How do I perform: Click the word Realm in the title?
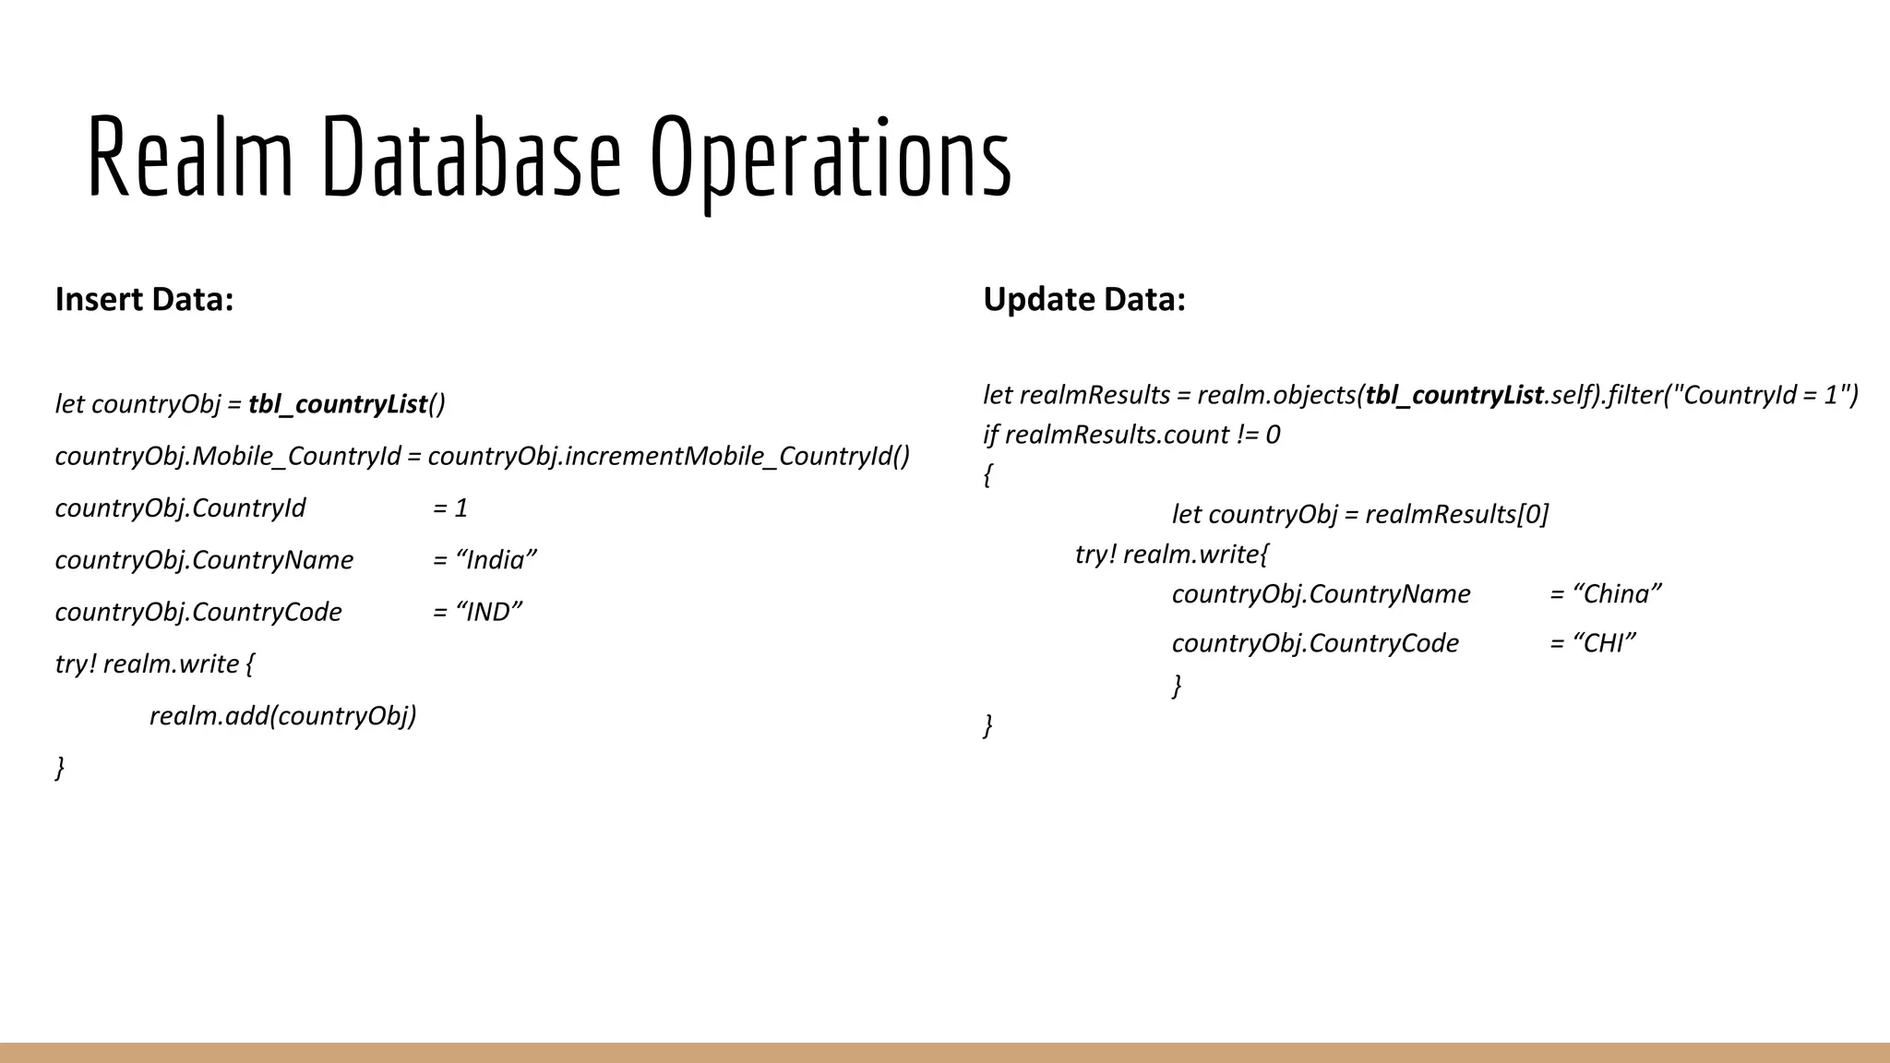[x=190, y=156]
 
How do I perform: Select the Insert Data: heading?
[x=144, y=299]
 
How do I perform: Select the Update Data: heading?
[x=1083, y=299]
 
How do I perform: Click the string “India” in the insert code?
[x=496, y=560]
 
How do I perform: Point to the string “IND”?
[x=490, y=612]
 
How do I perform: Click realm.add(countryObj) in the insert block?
[x=282, y=715]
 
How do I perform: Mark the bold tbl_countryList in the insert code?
[x=338, y=404]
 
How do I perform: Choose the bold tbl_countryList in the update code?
[x=1454, y=395]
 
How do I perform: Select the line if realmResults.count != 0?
[x=1131, y=435]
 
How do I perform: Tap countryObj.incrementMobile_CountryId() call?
[x=668, y=456]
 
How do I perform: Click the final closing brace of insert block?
[x=60, y=768]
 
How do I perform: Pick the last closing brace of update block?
[x=988, y=726]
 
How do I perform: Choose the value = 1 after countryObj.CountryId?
[x=450, y=508]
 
